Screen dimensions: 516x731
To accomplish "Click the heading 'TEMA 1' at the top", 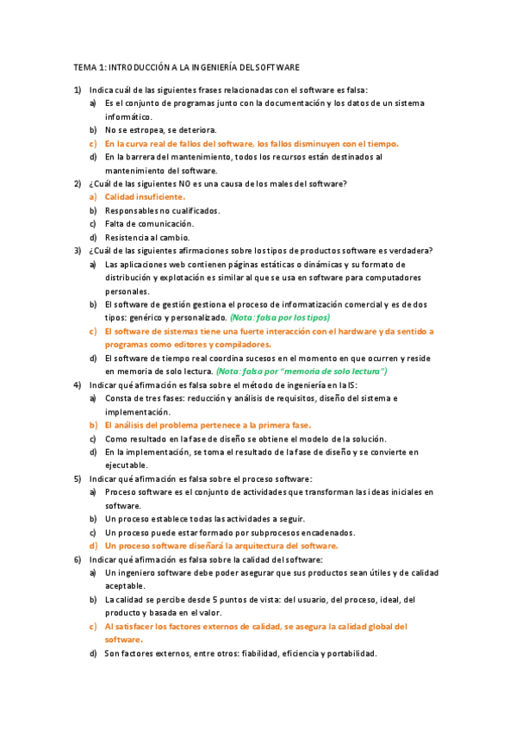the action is pos(89,66).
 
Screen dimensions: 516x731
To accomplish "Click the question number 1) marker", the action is pos(77,90).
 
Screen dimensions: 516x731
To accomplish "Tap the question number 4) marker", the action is pos(77,384).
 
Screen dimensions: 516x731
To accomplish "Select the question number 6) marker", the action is pos(77,559).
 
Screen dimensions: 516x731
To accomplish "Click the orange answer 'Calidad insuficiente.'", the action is pos(145,197).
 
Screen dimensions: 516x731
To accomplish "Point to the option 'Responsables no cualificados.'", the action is pos(162,210).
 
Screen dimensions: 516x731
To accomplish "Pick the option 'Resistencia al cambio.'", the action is pos(147,237).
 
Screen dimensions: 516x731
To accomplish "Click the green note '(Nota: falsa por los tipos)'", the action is pos(285,317).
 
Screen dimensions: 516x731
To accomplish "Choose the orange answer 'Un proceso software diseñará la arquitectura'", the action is pos(221,546).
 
